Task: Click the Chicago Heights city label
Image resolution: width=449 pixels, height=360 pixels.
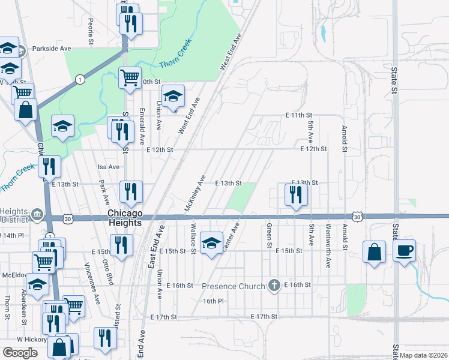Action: point(125,218)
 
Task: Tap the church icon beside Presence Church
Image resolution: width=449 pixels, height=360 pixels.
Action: point(274,285)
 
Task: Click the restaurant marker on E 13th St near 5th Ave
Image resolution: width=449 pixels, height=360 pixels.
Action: point(295,194)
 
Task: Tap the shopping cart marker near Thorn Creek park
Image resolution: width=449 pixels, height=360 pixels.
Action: point(130,77)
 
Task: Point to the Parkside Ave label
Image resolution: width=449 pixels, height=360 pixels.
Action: point(52,49)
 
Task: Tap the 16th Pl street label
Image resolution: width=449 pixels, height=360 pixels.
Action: point(212,301)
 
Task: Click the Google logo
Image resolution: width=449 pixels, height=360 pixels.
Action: point(20,352)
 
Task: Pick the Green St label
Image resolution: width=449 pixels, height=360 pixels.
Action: point(269,236)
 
